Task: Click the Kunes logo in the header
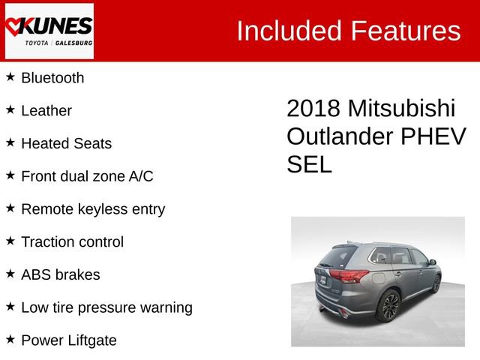49,31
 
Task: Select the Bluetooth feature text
52,78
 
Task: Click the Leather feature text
46,111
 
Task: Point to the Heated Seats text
66,143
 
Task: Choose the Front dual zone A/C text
87,176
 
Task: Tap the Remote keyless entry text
93,209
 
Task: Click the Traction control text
72,242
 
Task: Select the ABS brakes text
61,274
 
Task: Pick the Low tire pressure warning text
106,307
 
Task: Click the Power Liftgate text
69,340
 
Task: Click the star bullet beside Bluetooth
10,76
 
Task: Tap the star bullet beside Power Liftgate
10,339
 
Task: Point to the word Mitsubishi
400,109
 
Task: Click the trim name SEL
309,164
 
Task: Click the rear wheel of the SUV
390,306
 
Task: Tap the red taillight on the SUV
349,276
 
